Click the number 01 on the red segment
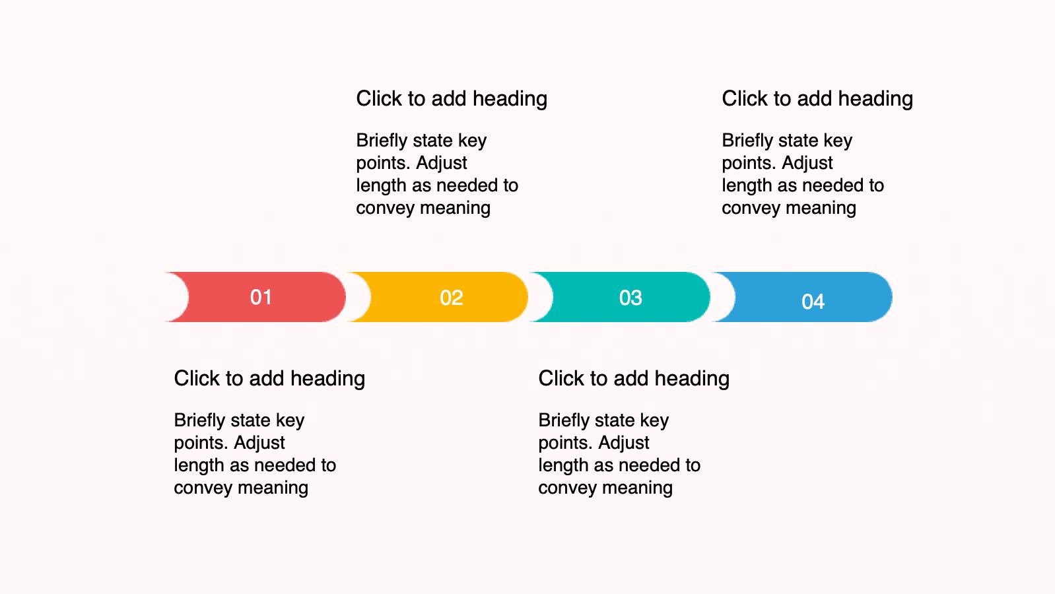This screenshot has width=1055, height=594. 261,297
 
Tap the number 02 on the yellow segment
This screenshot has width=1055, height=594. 451,298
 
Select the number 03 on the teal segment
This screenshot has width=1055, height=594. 630,298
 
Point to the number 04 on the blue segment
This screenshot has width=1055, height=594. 813,301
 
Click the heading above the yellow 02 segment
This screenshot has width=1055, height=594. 452,99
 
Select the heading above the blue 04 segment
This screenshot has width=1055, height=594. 817,99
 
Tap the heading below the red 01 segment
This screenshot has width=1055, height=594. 269,378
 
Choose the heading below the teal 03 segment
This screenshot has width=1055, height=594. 634,378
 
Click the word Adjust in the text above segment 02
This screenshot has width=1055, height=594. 441,163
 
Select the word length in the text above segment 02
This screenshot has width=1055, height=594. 381,185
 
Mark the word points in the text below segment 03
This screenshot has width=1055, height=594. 565,443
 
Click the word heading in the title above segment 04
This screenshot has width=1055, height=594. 875,99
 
